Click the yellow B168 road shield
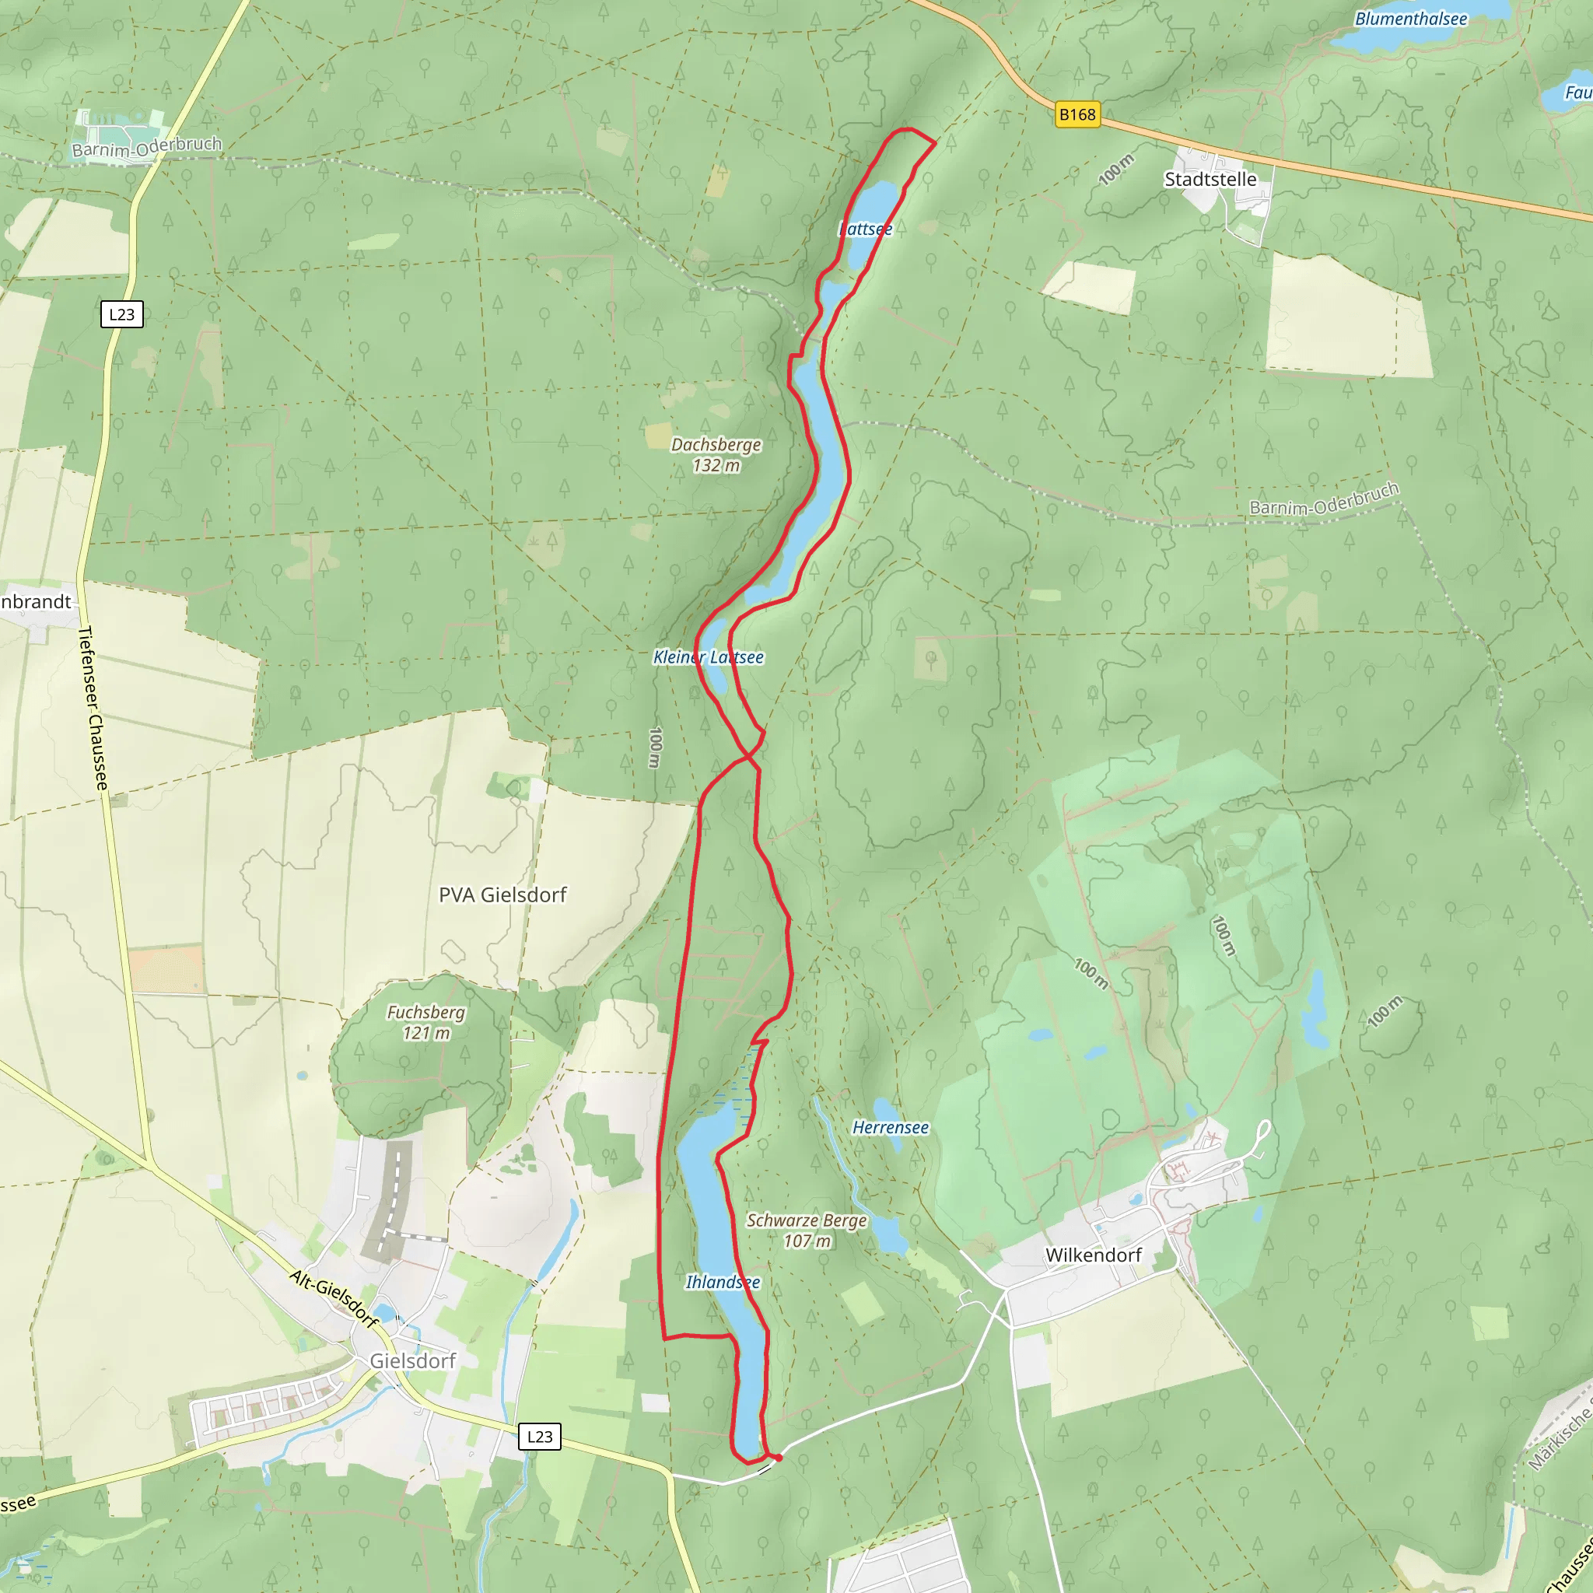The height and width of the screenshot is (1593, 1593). click(1077, 114)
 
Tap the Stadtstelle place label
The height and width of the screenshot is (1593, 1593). click(1210, 180)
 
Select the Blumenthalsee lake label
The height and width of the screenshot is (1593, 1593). click(1410, 19)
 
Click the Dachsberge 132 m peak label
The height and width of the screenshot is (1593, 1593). click(716, 454)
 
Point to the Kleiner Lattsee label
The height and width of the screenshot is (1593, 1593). click(708, 657)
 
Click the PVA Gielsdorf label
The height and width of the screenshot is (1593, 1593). click(502, 895)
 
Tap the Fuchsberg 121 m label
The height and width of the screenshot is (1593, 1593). click(425, 1021)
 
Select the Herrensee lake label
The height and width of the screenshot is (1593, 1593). click(890, 1127)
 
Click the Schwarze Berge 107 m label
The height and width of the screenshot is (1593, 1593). click(807, 1231)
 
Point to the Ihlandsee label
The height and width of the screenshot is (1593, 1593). click(723, 1281)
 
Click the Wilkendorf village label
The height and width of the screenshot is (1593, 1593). click(1093, 1255)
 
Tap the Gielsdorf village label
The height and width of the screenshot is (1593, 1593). click(412, 1360)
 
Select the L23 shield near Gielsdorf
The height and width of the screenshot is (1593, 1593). click(539, 1437)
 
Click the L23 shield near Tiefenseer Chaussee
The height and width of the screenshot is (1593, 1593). click(122, 314)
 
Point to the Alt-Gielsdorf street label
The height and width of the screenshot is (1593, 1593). click(333, 1299)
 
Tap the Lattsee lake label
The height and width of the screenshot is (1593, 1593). click(865, 229)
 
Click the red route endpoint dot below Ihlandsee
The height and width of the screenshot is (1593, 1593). click(778, 1458)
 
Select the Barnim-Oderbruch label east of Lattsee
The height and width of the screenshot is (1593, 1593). click(1323, 499)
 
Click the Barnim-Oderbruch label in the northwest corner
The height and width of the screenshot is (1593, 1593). click(147, 147)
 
